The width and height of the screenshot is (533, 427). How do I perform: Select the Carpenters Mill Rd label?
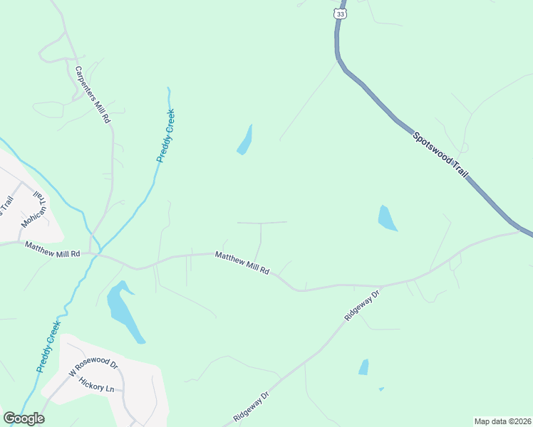(93, 95)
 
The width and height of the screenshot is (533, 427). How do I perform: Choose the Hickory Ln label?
(96, 385)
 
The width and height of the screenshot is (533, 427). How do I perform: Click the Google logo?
(24, 418)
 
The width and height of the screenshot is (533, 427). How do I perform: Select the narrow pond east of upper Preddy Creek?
(244, 140)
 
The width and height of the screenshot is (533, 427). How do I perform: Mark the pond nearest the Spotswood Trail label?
(386, 218)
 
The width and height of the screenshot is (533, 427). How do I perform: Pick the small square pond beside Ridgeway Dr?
(364, 367)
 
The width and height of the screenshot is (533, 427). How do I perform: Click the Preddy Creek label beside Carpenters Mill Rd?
(165, 136)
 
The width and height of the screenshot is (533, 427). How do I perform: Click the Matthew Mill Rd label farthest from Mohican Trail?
(242, 262)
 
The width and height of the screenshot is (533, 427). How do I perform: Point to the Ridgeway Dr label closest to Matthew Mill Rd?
(363, 305)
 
